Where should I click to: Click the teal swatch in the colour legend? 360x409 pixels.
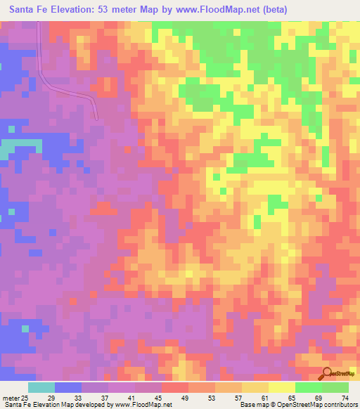click(41, 387)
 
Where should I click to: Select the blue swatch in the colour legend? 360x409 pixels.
click(67, 387)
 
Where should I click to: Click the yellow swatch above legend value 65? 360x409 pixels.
click(281, 387)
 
